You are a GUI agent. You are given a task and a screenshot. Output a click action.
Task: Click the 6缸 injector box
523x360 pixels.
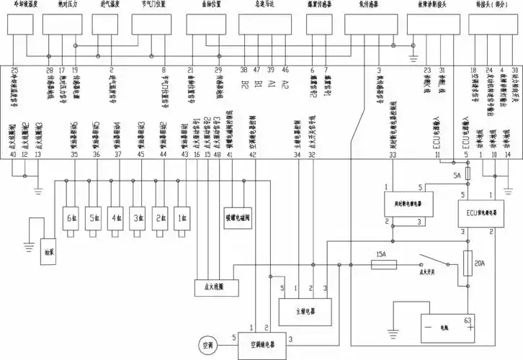71,217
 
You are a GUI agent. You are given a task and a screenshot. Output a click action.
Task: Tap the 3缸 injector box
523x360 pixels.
137,217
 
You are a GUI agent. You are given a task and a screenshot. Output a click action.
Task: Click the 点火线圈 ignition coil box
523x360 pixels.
211,286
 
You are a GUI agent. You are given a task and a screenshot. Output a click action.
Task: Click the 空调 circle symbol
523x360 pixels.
209,345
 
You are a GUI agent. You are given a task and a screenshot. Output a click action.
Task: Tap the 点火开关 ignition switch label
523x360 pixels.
431,274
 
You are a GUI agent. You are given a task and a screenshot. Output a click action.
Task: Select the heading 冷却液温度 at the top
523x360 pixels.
20,4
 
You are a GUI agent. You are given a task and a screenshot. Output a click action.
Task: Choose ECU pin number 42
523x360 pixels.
252,155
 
